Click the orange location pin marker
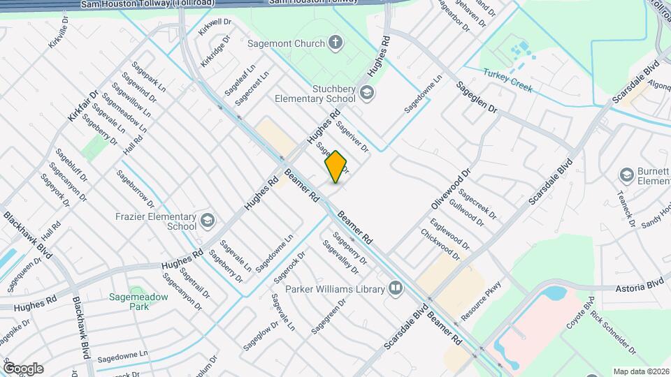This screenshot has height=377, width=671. tap(336, 166)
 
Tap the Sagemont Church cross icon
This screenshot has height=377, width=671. tap(335, 43)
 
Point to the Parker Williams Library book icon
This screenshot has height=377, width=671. tap(396, 289)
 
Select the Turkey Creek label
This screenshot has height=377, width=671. tap(507, 80)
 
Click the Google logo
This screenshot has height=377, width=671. tap(24, 368)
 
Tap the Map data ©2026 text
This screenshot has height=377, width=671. tap(641, 371)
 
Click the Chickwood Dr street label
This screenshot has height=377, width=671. tap(440, 244)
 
